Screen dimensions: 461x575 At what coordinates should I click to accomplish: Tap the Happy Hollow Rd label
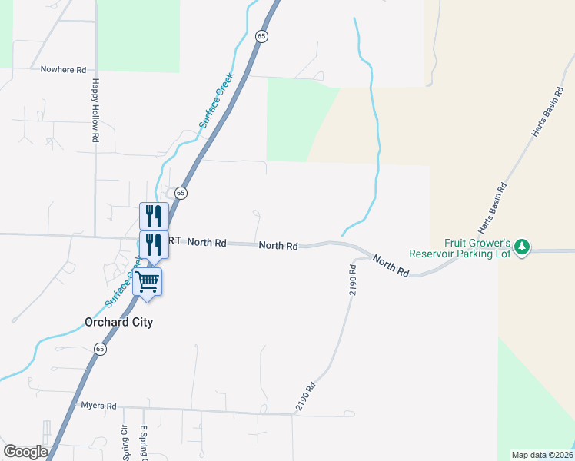pyautogui.click(x=95, y=110)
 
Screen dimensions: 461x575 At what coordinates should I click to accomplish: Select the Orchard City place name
pyautogui.click(x=118, y=323)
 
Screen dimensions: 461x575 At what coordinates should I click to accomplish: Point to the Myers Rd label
pyautogui.click(x=98, y=406)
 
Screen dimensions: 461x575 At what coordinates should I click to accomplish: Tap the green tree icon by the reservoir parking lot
pyautogui.click(x=523, y=247)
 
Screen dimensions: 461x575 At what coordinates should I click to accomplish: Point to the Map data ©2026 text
pyautogui.click(x=543, y=455)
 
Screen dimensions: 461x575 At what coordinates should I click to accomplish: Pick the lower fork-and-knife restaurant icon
pyautogui.click(x=154, y=244)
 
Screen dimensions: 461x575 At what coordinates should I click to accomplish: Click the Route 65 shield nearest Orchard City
pyautogui.click(x=101, y=349)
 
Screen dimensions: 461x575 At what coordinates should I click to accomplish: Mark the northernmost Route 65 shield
pyautogui.click(x=262, y=37)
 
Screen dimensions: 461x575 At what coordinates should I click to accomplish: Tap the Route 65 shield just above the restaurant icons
pyautogui.click(x=181, y=193)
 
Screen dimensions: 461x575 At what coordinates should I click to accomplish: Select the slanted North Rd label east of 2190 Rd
pyautogui.click(x=391, y=265)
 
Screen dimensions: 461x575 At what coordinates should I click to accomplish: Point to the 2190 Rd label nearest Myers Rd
pyautogui.click(x=305, y=397)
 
